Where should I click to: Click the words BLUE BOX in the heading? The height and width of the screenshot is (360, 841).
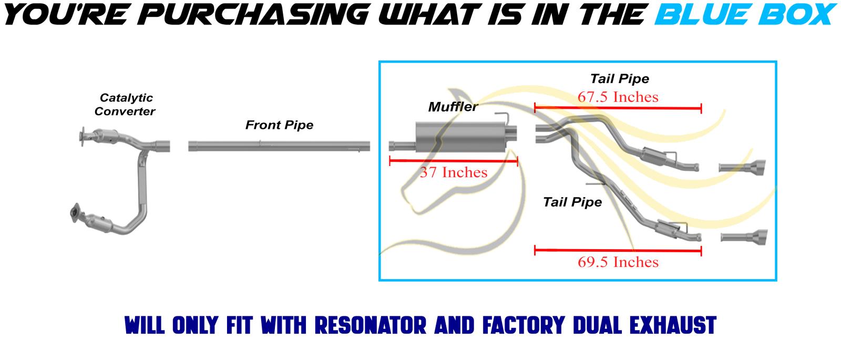(x=743, y=14)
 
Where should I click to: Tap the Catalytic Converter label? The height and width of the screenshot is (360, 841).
(x=126, y=104)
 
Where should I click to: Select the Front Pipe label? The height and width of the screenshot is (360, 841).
(x=279, y=125)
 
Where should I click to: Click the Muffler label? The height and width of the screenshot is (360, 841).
(x=453, y=107)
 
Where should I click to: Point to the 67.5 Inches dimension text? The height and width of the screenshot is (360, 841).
(x=618, y=97)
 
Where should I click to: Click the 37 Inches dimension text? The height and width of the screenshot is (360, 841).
(x=454, y=172)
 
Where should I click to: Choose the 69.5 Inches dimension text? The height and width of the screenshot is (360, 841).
(x=618, y=262)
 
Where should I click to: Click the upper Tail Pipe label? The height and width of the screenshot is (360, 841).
(x=619, y=79)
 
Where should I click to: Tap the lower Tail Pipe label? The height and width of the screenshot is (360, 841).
(x=572, y=202)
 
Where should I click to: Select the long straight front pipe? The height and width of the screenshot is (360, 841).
(x=279, y=146)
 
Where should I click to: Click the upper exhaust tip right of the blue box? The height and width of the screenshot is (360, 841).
(x=742, y=167)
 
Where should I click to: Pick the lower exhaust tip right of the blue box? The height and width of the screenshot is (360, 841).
(x=743, y=237)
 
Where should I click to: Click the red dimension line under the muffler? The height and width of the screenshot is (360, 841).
(x=453, y=161)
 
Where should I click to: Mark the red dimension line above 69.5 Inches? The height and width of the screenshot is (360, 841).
(x=618, y=251)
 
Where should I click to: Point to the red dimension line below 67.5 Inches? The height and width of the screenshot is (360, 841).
(x=618, y=109)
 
